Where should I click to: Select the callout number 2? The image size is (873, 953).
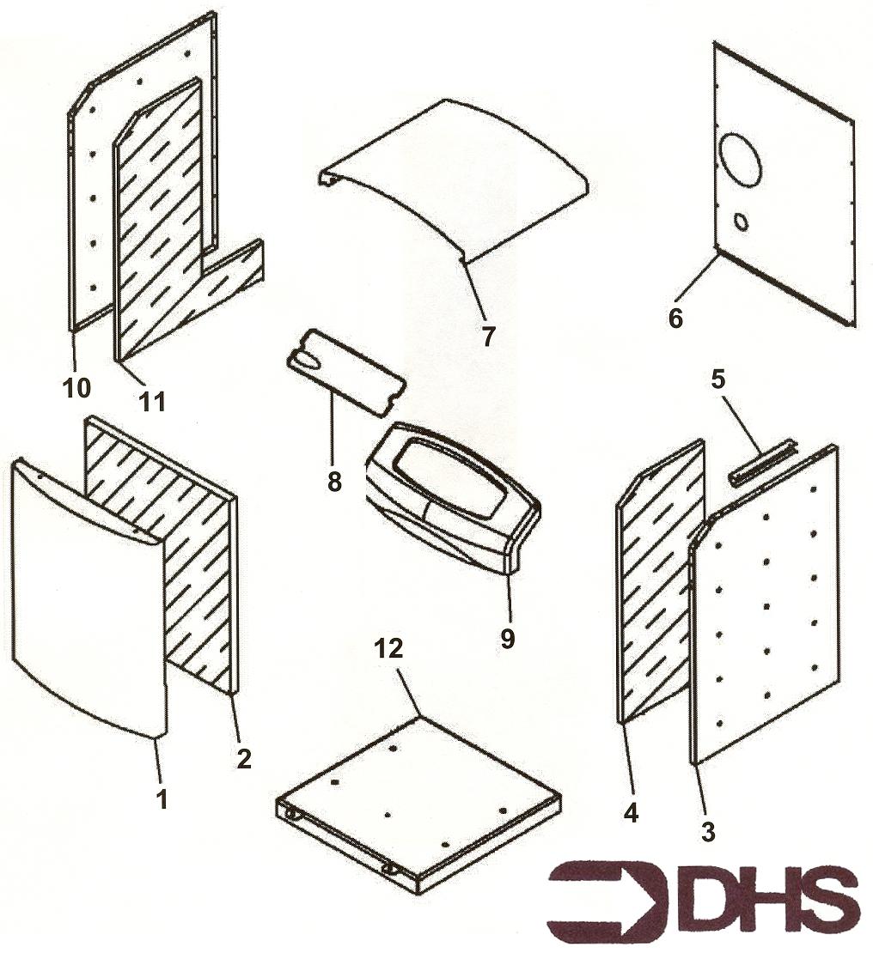pos(243,757)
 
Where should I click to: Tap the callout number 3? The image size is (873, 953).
pos(707,831)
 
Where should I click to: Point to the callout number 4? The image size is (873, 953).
pos(631,812)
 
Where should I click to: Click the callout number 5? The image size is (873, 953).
pos(717,379)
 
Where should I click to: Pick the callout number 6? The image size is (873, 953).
pos(675,318)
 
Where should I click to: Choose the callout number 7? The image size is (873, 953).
pos(487,336)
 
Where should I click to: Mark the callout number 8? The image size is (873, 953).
pos(334,482)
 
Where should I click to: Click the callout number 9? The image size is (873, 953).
pos(507,638)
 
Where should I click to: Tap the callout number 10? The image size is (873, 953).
pos(76,387)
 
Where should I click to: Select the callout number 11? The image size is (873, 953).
pos(152,400)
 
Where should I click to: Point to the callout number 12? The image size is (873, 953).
pos(389,648)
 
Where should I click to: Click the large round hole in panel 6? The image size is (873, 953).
pos(741,159)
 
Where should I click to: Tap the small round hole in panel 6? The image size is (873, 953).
pos(742,222)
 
